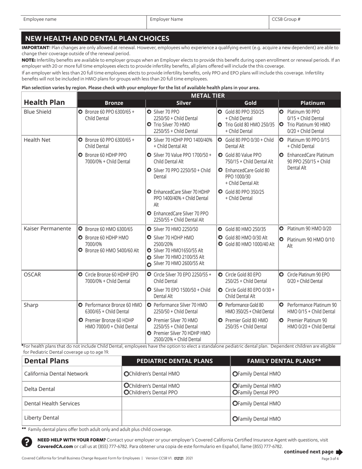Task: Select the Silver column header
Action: [x=181, y=103]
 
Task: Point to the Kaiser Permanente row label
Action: [x=47, y=229]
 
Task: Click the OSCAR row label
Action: [x=33, y=275]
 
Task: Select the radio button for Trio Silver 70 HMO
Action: [x=149, y=124]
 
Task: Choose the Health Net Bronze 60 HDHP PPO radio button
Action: [x=80, y=155]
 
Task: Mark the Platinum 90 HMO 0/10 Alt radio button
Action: [x=282, y=239]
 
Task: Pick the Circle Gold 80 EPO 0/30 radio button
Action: [x=220, y=290]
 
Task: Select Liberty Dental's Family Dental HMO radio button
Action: [x=234, y=419]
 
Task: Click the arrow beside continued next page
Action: [x=339, y=452]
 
